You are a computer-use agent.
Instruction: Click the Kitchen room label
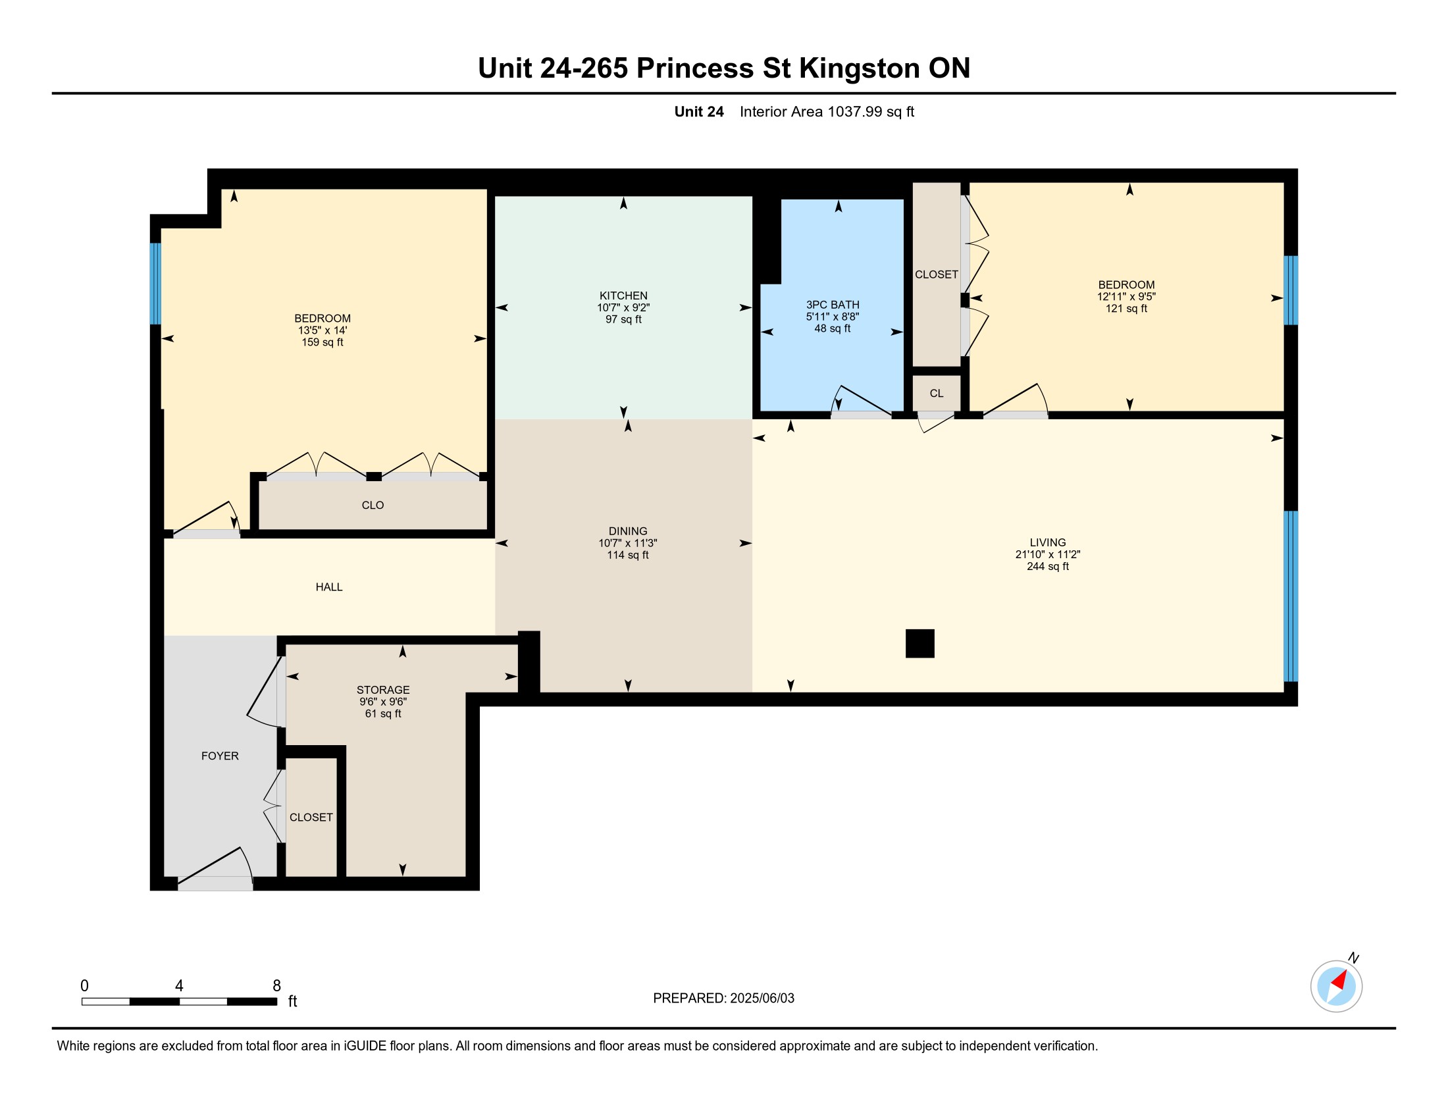[623, 296]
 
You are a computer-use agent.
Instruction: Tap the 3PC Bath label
[833, 305]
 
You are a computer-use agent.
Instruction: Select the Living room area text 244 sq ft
[1048, 566]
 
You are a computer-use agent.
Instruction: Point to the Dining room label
[628, 531]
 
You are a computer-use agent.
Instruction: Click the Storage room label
[383, 690]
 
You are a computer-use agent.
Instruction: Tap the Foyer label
[220, 756]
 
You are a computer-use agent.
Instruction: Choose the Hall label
[329, 586]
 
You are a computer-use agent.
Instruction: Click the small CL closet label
[936, 393]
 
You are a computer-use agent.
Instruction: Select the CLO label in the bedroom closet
[373, 505]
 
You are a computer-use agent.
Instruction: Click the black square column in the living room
[920, 643]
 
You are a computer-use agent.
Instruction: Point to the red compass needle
[1340, 980]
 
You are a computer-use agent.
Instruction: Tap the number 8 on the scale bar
[277, 986]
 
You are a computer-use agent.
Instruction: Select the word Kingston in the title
[859, 68]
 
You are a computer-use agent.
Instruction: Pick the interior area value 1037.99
[854, 111]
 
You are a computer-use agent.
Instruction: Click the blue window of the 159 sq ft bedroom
[155, 284]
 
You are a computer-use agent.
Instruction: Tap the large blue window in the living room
[1290, 596]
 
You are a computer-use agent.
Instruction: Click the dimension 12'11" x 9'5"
[1126, 297]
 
